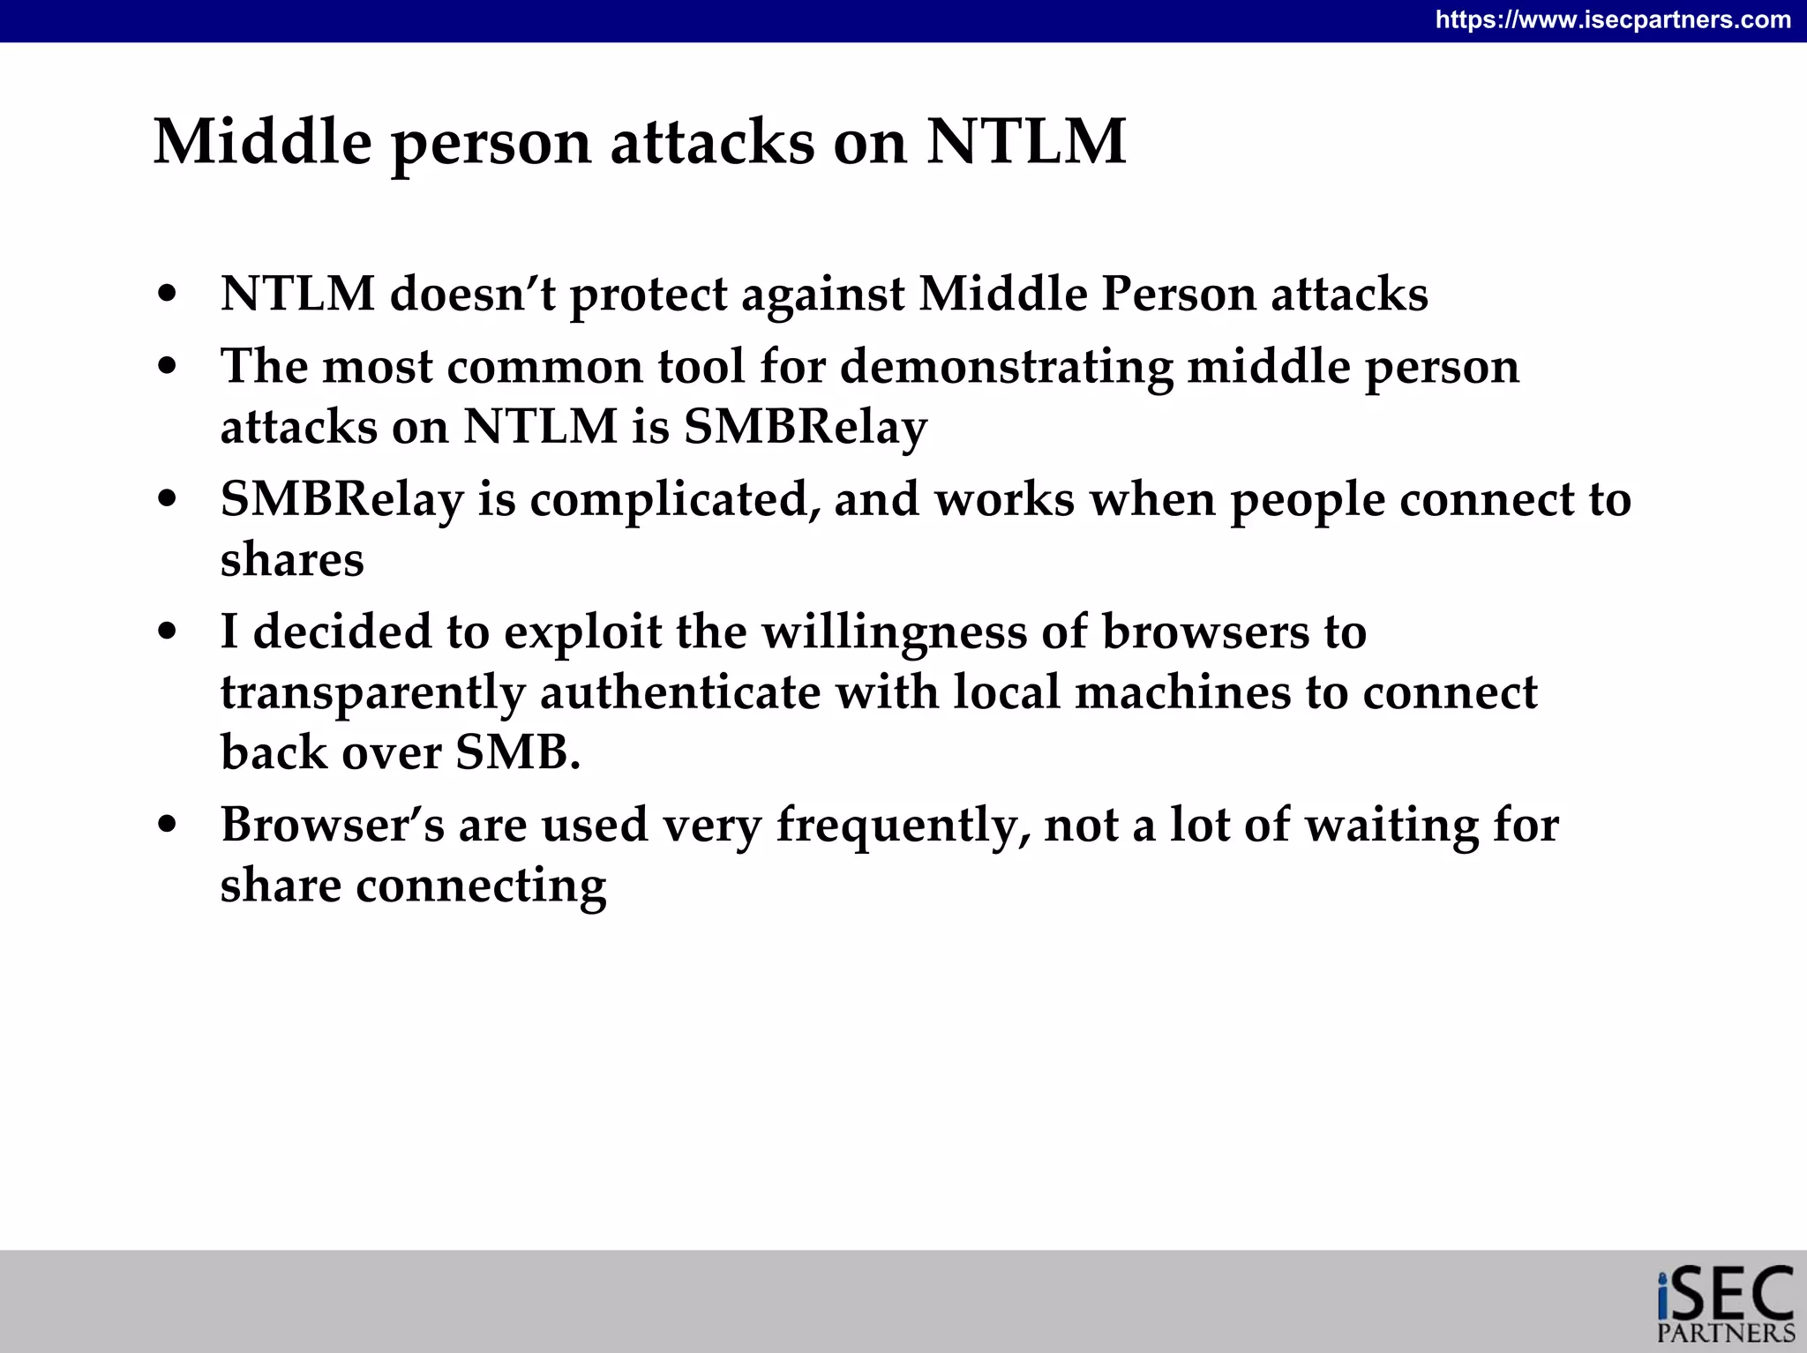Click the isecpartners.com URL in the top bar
coord(1613,19)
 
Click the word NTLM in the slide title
coord(1025,141)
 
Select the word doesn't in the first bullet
coord(473,294)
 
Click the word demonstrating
coord(1006,367)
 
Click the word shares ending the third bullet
coord(292,559)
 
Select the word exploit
coord(582,632)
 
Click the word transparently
coord(372,692)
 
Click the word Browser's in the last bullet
coord(332,825)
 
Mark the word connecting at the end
coord(481,886)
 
